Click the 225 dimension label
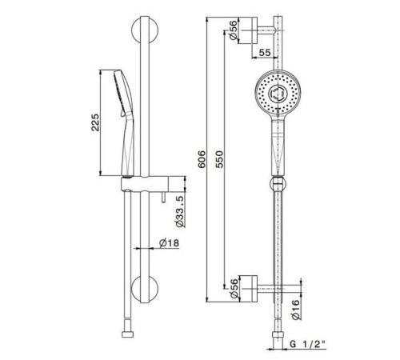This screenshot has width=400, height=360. click(95, 122)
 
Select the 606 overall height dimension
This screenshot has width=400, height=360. click(202, 159)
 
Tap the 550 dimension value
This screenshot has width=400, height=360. click(219, 159)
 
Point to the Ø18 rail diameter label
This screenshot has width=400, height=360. click(170, 243)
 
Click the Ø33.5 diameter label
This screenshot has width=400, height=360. click(180, 211)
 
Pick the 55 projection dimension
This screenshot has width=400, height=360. click(265, 53)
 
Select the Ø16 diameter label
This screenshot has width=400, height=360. click(295, 310)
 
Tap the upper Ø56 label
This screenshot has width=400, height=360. click(233, 30)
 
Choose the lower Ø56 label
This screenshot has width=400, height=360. click(234, 289)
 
